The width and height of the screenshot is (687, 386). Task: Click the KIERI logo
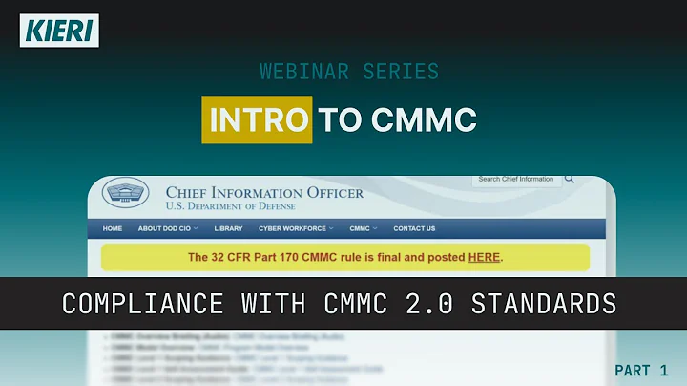58,30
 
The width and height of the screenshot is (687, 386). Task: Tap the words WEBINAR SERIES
349,72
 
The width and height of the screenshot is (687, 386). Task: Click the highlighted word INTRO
257,120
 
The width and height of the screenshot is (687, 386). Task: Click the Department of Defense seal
126,195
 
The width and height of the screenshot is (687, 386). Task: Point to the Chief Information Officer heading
264,192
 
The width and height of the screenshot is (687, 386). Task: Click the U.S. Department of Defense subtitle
231,206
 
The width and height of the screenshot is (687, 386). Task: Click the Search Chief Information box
516,179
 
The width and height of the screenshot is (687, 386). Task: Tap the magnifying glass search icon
570,179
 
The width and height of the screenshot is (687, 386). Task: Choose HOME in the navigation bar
113,228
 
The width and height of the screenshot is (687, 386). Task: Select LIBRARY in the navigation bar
228,228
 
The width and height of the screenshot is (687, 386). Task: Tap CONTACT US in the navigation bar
414,228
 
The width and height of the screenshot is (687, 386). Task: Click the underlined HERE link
484,257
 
